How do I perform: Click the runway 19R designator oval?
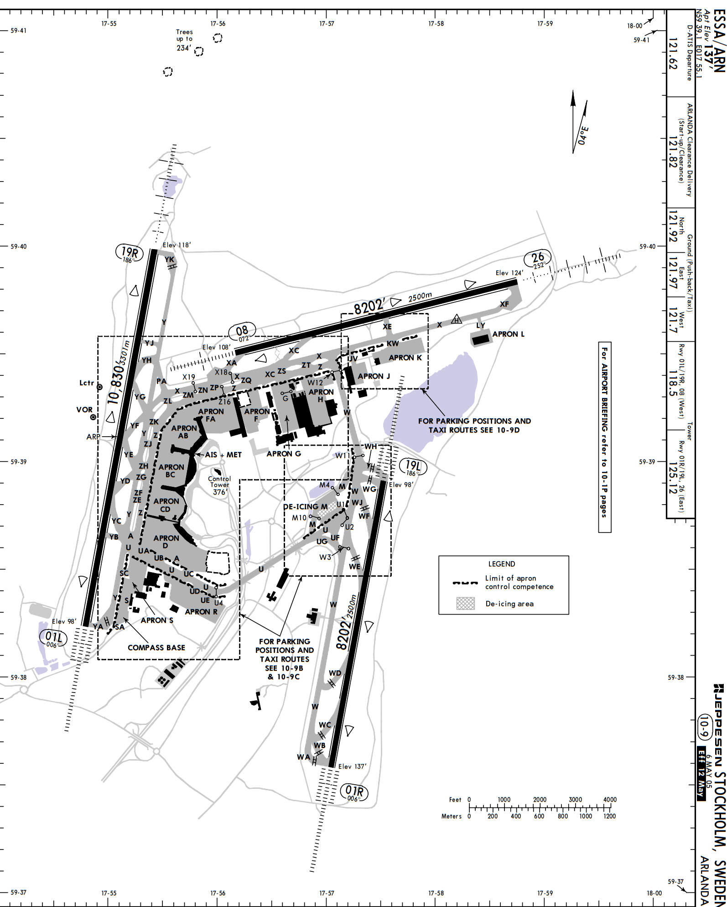point(130,253)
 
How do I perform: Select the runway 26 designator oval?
point(538,259)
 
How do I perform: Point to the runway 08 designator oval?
point(243,332)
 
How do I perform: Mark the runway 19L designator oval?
point(413,468)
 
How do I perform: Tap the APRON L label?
point(508,334)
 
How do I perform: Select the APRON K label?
point(405,358)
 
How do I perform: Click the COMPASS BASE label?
point(156,647)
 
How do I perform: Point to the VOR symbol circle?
point(93,417)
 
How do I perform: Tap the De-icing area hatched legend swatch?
point(466,604)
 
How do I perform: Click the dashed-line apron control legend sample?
point(465,583)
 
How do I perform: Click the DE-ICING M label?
point(305,506)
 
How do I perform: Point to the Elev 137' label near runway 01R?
point(352,766)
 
